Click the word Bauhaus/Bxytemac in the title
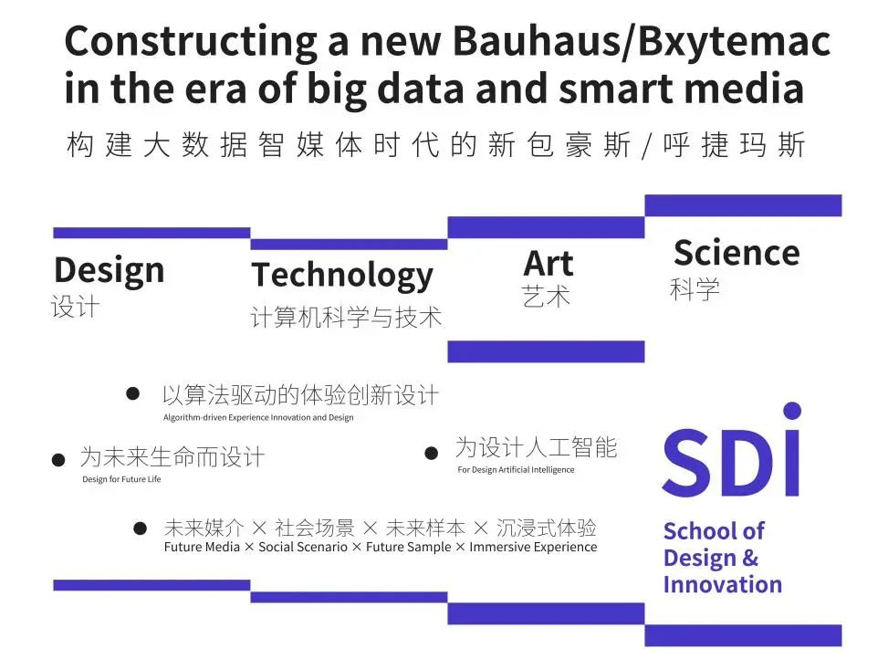642,42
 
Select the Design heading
110,271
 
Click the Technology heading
342,277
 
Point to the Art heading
548,263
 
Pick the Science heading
737,253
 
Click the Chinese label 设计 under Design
76,308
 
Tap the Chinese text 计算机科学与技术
346,317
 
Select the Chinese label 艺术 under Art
546,296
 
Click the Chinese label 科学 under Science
695,289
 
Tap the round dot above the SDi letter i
792,411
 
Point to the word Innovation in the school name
723,584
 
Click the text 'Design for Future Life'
121,479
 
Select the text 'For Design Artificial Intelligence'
516,469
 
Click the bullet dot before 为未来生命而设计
58,460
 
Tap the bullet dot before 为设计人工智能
431,453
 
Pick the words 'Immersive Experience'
533,547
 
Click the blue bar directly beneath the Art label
546,351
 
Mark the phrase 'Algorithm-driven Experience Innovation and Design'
258,418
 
